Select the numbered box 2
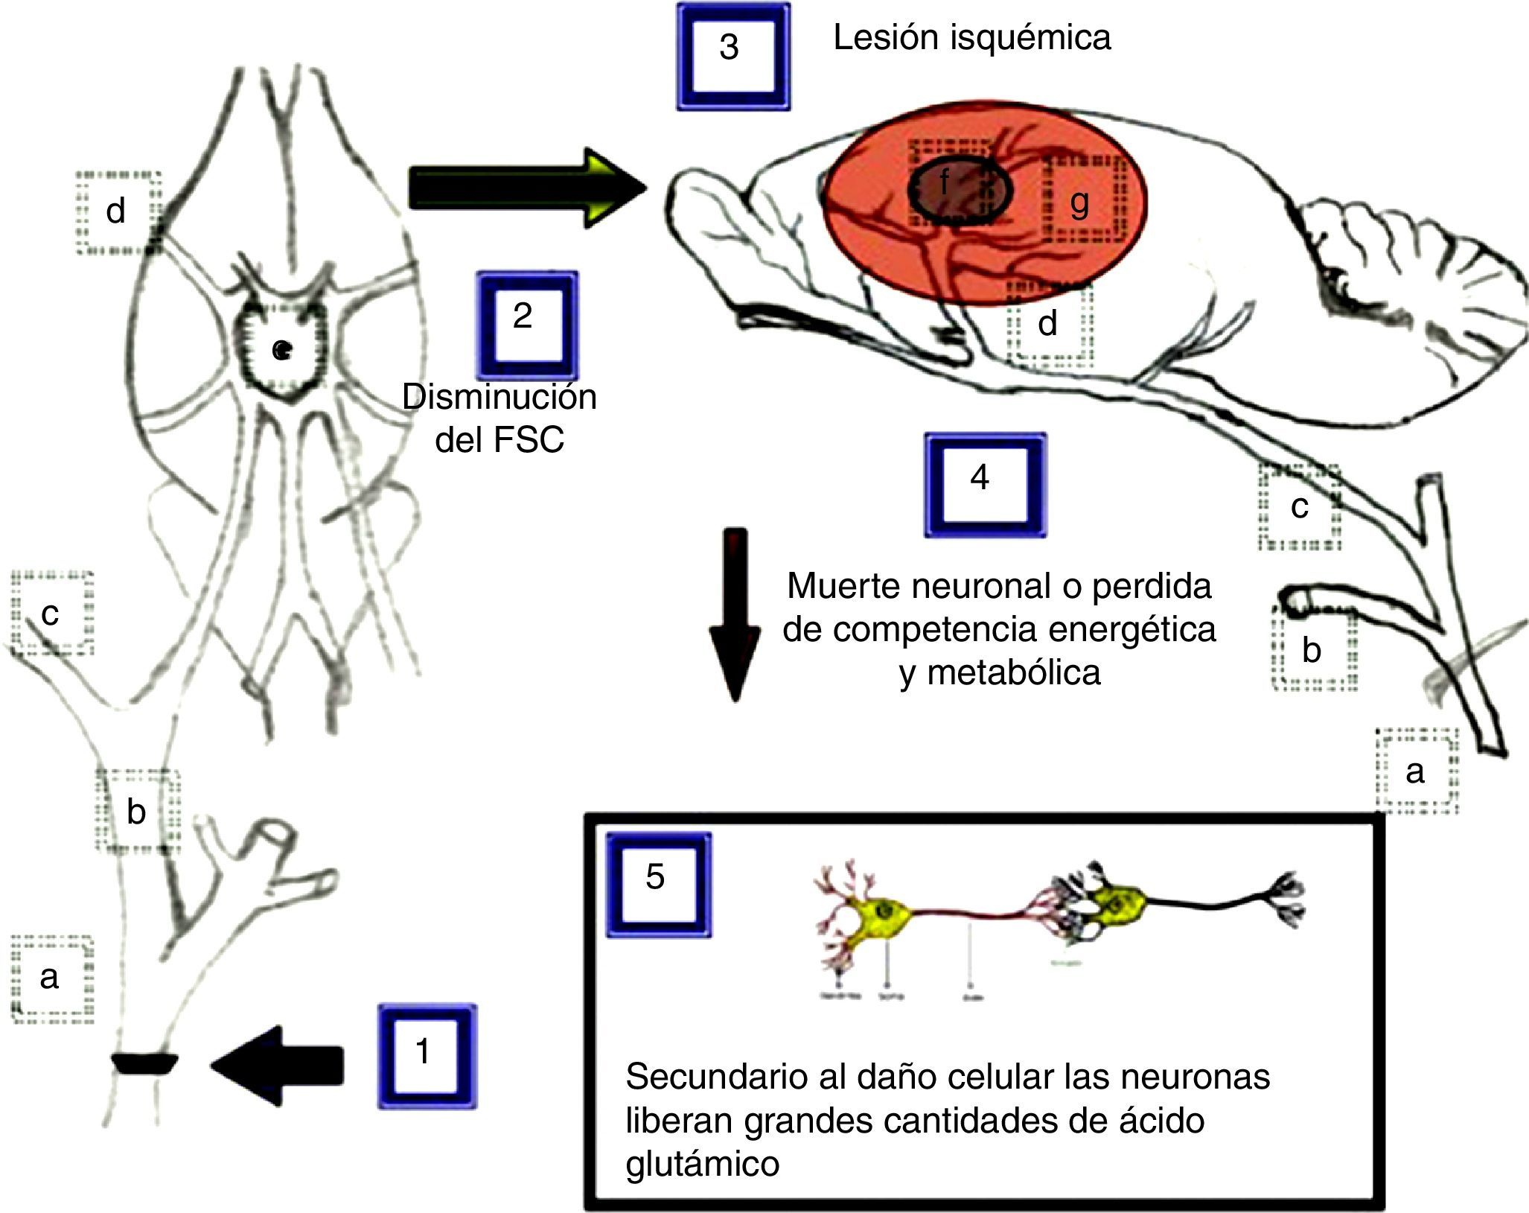(x=526, y=324)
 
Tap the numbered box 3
(x=732, y=57)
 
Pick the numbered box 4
(x=984, y=484)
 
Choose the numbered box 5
(x=658, y=883)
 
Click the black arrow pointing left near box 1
(x=279, y=1066)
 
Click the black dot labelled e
(x=280, y=349)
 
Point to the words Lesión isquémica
(x=971, y=38)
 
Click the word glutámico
(x=702, y=1163)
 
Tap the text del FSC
(x=499, y=439)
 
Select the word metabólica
(x=1000, y=672)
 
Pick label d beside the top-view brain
(x=116, y=212)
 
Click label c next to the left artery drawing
(x=51, y=614)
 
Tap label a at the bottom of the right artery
(x=1414, y=771)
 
